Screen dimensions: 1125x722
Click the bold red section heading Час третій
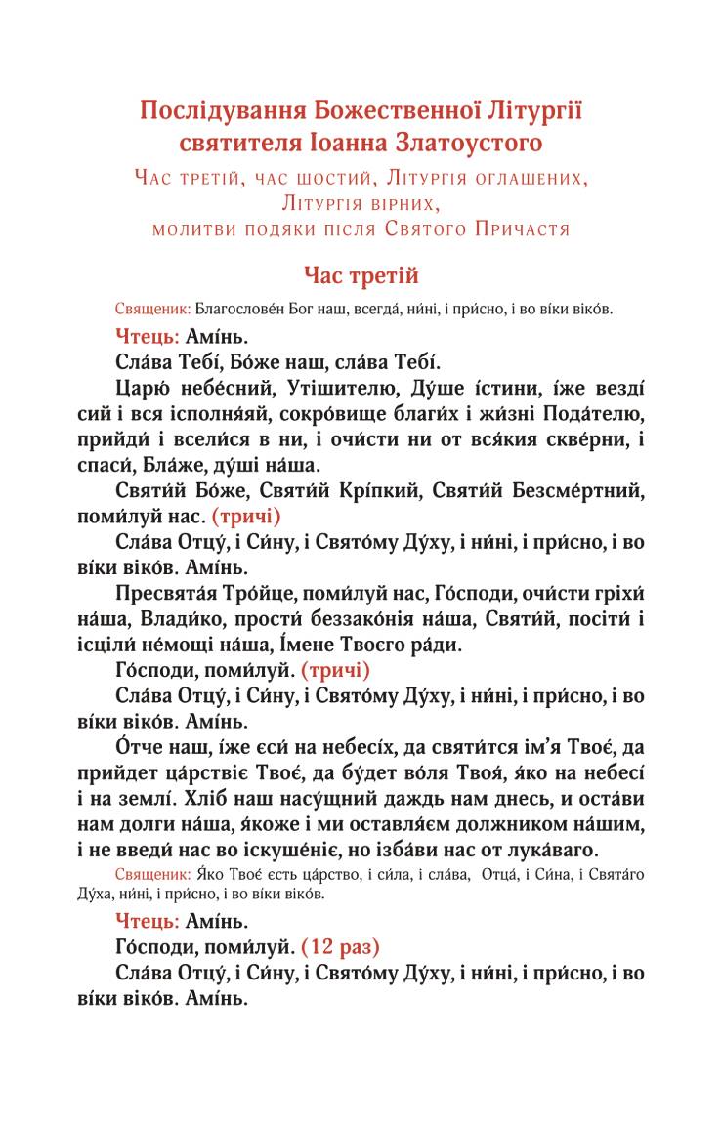(361, 277)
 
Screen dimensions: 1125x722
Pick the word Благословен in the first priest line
(237, 310)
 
